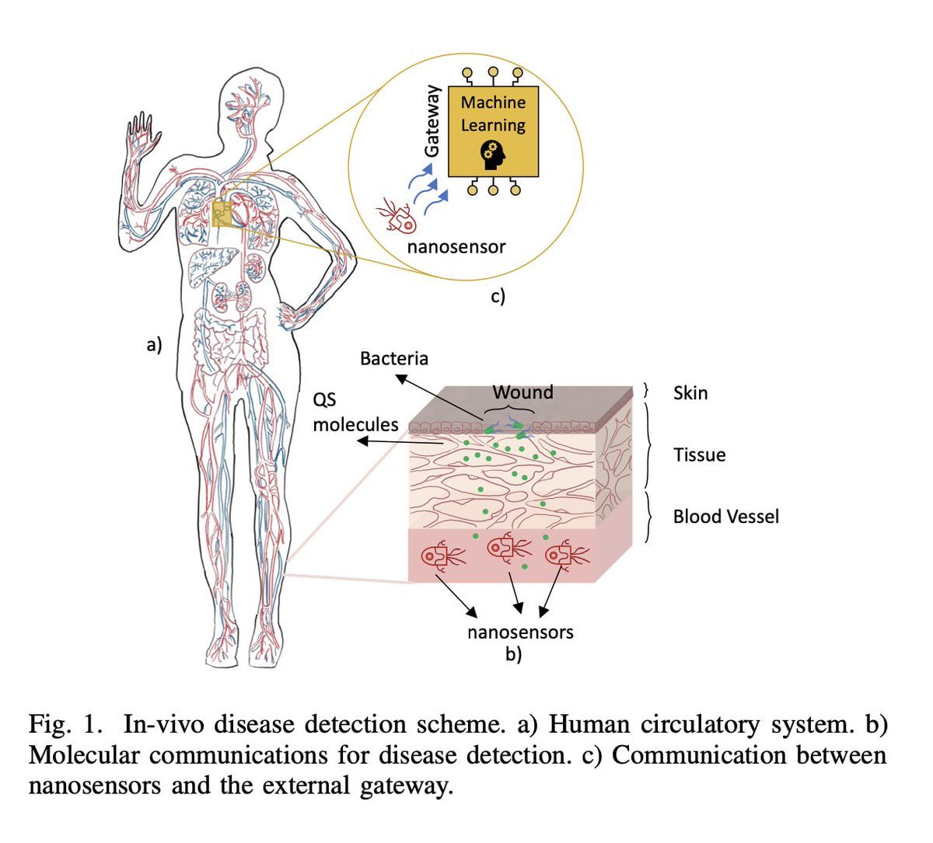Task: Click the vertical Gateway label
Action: tap(432, 121)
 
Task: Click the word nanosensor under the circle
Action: tap(456, 247)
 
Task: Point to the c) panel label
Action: tap(498, 295)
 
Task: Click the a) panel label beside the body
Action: tap(154, 344)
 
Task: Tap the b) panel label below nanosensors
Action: tap(513, 654)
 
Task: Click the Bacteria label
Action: tap(393, 358)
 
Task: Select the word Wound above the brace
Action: tap(522, 392)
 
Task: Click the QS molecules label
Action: tap(355, 413)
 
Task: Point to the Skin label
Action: tap(690, 393)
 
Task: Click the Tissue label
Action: tap(699, 455)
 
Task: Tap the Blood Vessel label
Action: tap(725, 517)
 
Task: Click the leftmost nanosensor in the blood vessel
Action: tap(441, 556)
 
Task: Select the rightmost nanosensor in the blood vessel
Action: tap(566, 556)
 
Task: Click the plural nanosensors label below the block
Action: tap(520, 632)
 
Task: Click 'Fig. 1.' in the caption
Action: tap(65, 724)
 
